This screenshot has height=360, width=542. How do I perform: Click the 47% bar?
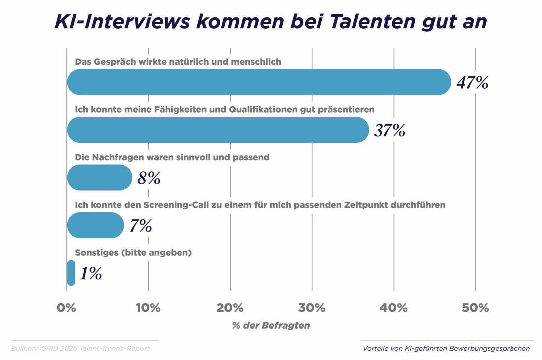pos(259,82)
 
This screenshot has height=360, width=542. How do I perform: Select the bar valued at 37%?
pos(218,130)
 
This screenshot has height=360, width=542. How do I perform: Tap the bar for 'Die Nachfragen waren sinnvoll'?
pos(100,177)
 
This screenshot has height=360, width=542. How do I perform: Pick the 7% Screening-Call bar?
pos(96,225)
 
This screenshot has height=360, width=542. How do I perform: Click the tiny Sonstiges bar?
pos(71,273)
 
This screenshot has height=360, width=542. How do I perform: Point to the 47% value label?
pos(472,82)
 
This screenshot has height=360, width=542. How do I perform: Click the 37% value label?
pos(390,130)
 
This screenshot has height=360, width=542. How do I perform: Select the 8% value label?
pos(149,178)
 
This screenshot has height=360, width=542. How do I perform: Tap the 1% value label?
pos(91,273)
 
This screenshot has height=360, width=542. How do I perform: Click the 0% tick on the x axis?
pos(67,308)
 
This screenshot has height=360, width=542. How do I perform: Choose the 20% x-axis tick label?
pos(230,308)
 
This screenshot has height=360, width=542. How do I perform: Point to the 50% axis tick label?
pos(475,308)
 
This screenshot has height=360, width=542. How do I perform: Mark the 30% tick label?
pos(312,308)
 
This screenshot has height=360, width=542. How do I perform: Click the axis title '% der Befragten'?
pos(271,325)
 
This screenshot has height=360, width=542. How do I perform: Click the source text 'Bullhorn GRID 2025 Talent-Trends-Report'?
pos(80,348)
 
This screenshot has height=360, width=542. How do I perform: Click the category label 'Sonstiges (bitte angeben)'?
pos(133,253)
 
